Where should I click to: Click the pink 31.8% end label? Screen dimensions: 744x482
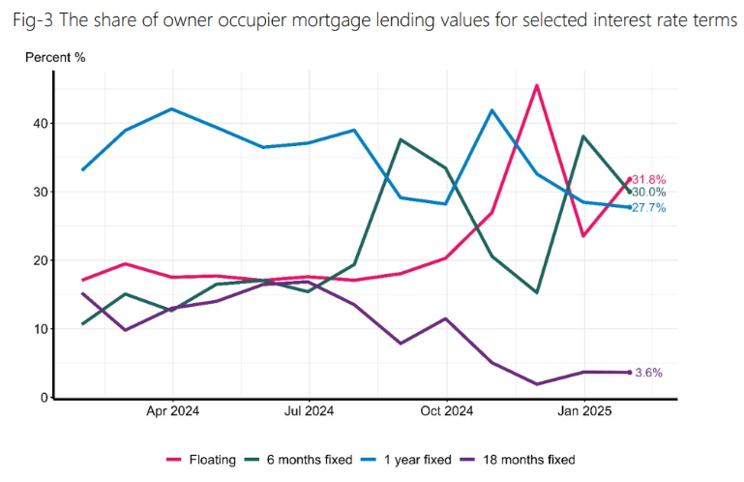pos(648,179)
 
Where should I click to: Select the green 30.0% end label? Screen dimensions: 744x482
pos(648,193)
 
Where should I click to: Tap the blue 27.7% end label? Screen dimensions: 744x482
pos(648,207)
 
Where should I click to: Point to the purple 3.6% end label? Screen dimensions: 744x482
pos(648,373)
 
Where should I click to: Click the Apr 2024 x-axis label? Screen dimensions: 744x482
pos(173,410)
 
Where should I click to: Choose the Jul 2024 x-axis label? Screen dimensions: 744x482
pos(309,410)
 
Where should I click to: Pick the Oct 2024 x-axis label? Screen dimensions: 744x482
pos(446,410)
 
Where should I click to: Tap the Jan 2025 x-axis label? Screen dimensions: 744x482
pos(584,410)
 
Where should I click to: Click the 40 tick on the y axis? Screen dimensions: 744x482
pos(41,124)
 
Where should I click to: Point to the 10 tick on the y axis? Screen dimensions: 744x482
pos(41,329)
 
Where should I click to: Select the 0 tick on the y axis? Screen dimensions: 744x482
pos(45,398)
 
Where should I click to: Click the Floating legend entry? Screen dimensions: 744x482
pos(201,460)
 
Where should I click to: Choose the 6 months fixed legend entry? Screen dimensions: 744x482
pos(298,460)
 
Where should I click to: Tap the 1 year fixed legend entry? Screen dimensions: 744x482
pos(406,460)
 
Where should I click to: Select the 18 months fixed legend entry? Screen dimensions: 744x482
pos(519,460)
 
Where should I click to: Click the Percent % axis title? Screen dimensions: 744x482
pos(55,57)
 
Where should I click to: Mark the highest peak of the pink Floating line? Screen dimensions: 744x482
pos(536,85)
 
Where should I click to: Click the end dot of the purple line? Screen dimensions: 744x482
pos(630,373)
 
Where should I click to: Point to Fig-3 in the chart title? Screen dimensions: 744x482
pos(33,20)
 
